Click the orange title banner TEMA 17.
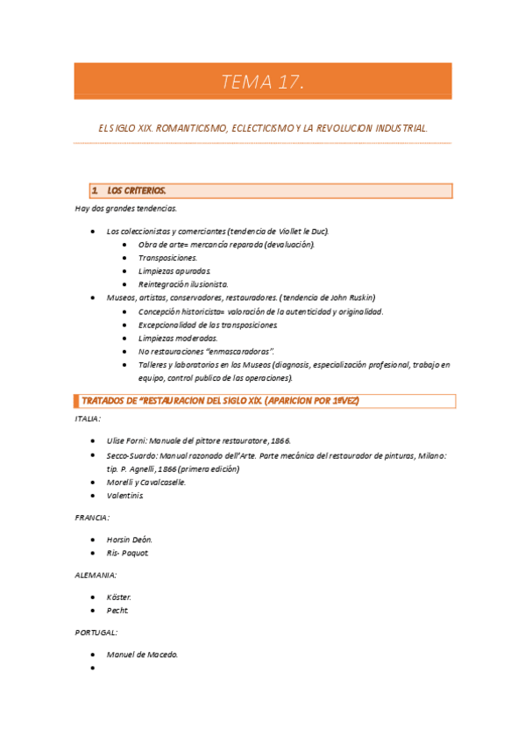[x=262, y=82]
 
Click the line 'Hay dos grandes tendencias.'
[x=125, y=208]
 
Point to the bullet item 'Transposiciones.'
[x=167, y=258]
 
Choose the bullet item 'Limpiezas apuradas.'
[x=174, y=271]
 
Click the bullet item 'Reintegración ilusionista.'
[x=183, y=284]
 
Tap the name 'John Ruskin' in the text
[x=350, y=298]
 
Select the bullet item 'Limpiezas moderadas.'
[x=178, y=338]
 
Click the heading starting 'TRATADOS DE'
[x=219, y=401]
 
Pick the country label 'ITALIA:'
[x=89, y=419]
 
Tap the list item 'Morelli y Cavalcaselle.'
[x=146, y=482]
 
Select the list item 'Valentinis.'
[x=124, y=496]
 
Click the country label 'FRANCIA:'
[x=92, y=518]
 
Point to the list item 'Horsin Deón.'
[x=129, y=539]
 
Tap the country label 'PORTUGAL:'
[x=96, y=632]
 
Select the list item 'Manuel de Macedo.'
[x=142, y=654]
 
